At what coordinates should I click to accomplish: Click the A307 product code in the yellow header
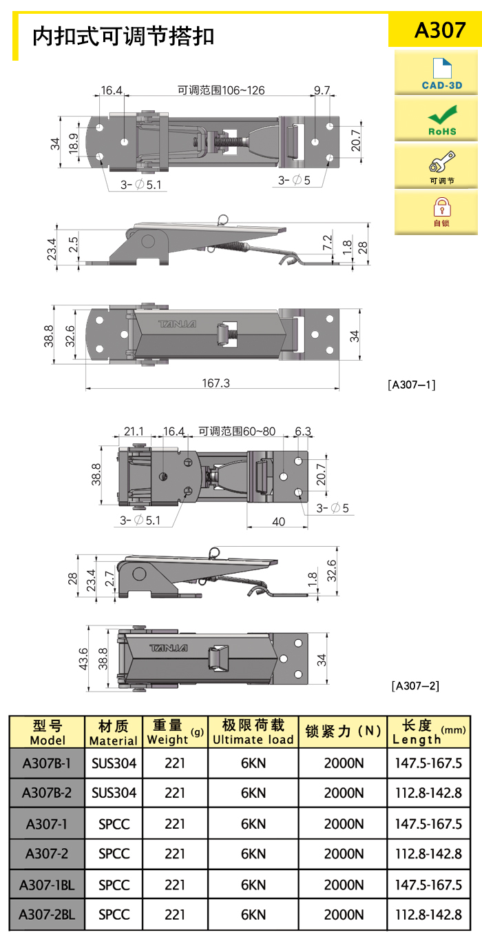[x=440, y=30]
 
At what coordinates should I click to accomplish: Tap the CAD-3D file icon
[x=442, y=68]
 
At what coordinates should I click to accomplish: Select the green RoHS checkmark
[x=443, y=114]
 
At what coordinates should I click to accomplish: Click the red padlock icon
[x=442, y=207]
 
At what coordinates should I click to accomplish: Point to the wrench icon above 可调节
[x=442, y=162]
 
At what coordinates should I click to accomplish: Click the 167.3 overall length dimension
[x=216, y=383]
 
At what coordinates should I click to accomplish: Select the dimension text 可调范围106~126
[x=221, y=90]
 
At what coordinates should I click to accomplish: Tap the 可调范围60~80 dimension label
[x=237, y=431]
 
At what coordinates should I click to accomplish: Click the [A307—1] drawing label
[x=412, y=385]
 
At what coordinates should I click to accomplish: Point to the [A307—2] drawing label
[x=416, y=685]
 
